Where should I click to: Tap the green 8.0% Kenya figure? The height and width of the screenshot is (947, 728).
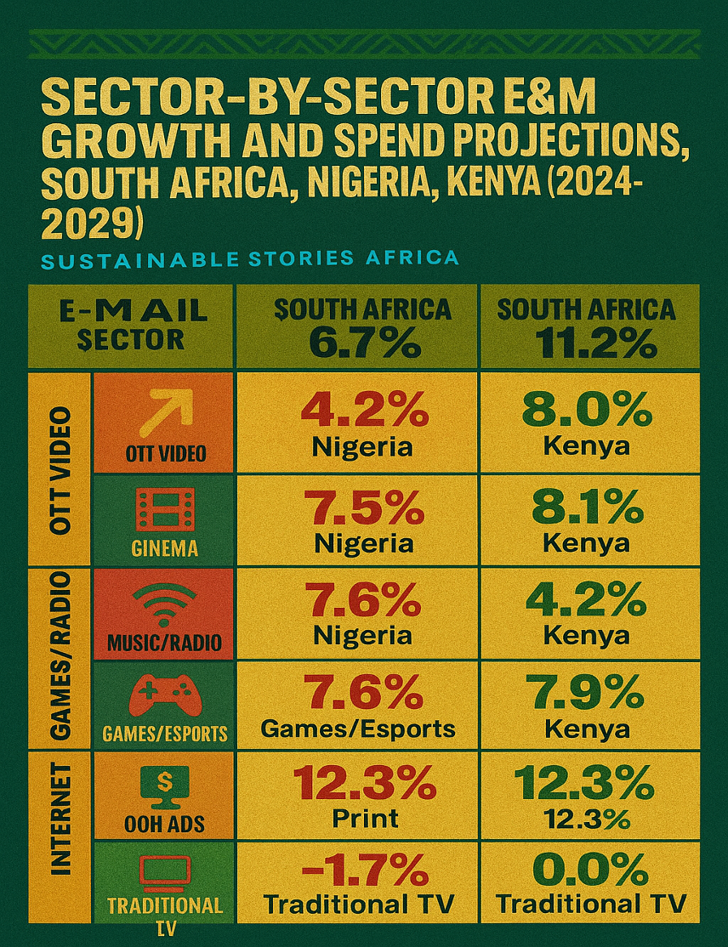588,411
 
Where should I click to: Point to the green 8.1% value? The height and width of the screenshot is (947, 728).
588,508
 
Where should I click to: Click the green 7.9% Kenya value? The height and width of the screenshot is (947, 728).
588,695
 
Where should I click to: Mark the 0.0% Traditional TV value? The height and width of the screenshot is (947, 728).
588,870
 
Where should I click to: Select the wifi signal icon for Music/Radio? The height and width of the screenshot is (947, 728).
164,604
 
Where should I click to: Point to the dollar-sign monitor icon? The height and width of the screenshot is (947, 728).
164,787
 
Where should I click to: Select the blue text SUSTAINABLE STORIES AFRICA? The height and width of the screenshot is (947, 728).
249,258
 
